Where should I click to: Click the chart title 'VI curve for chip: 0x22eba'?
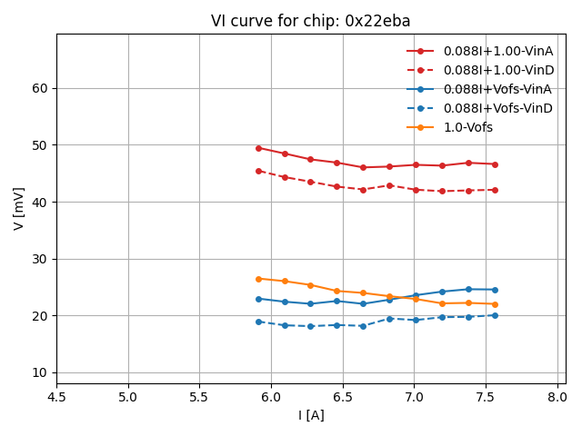click(310, 21)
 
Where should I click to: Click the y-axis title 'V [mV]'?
click(19, 208)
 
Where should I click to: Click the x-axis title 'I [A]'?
click(311, 415)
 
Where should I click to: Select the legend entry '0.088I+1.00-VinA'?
click(497, 51)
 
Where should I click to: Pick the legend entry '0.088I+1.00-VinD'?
click(497, 70)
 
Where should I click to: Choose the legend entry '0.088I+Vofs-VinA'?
click(497, 89)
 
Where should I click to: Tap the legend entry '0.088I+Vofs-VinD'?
click(497, 108)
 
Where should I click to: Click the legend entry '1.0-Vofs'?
click(467, 127)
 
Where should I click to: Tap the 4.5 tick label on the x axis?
click(56, 397)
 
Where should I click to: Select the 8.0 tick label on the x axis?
click(557, 397)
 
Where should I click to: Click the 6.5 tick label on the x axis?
click(343, 397)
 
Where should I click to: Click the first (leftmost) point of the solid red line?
click(258, 148)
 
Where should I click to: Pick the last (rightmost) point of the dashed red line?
click(495, 190)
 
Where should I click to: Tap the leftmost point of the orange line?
click(258, 279)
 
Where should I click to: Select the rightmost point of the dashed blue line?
click(495, 315)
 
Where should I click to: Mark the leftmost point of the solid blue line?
click(258, 299)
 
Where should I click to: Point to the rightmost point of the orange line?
click(495, 304)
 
